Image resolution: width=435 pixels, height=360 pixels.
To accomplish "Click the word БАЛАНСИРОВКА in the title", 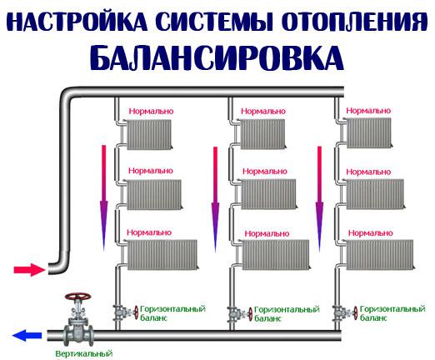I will pos(216,57).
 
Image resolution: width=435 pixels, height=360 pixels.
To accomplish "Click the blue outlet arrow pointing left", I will pos(27,336).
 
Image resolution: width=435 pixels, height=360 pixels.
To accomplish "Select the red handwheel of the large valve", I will pos(77,297).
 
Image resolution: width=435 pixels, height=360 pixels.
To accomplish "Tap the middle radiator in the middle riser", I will pos(266,194).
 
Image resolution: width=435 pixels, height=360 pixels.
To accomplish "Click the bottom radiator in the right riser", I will pos(380,254).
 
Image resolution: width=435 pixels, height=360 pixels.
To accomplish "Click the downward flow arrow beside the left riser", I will pos(104,196).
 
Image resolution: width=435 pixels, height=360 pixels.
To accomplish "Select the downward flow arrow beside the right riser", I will pos(319,196).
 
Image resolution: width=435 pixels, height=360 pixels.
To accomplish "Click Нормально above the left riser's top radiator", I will pos(150,110).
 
